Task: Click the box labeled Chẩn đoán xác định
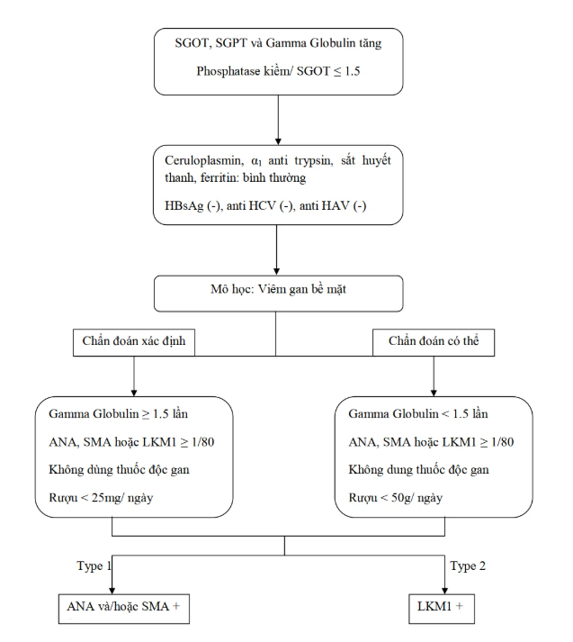[134, 342]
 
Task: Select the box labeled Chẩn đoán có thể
[434, 342]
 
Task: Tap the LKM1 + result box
[442, 609]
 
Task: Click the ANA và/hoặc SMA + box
[124, 609]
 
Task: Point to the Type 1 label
[94, 566]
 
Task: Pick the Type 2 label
[468, 565]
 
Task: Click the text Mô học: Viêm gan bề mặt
[278, 289]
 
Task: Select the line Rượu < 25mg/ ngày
[101, 498]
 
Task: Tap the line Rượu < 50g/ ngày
[396, 498]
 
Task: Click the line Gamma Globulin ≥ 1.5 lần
[118, 414]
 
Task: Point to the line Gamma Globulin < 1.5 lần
[418, 414]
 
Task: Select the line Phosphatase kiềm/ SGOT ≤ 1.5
[278, 71]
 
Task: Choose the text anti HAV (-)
[333, 205]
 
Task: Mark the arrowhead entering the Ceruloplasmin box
[278, 141]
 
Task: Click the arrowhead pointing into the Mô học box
[276, 271]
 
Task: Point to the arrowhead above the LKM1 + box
[444, 591]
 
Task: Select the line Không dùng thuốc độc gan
[119, 470]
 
